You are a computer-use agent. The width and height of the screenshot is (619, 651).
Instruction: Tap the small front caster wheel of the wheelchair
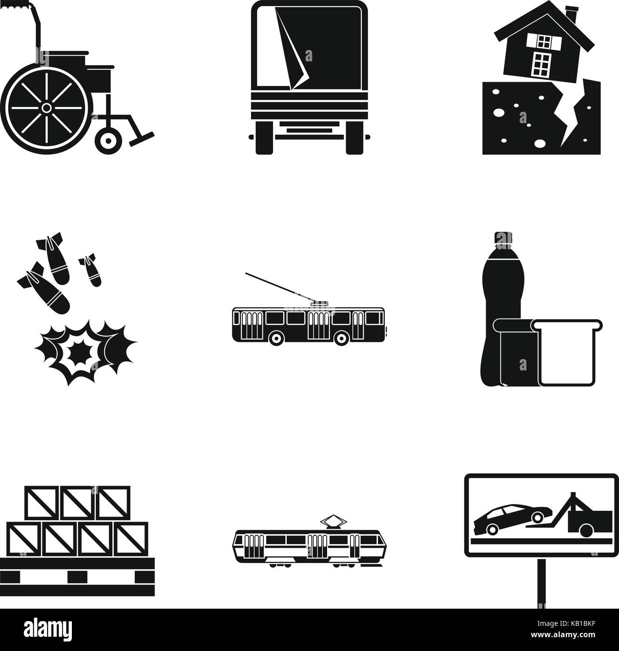pos(108,140)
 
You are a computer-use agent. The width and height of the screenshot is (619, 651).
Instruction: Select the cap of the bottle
pos(502,238)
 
